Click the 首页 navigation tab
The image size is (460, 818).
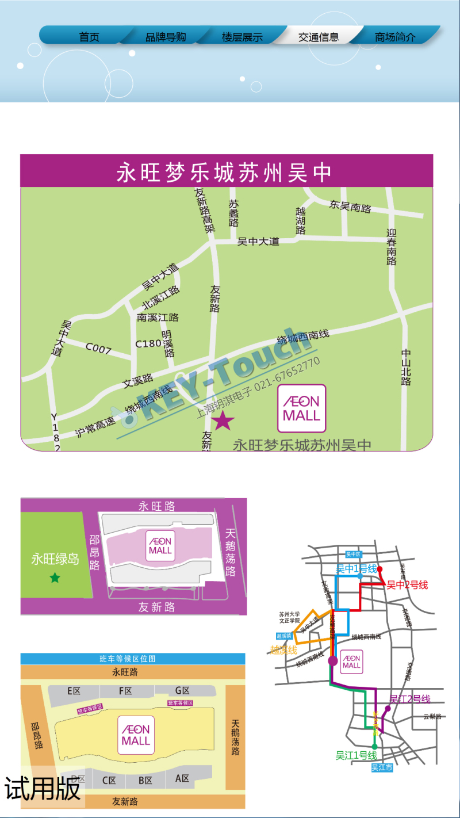[x=89, y=37]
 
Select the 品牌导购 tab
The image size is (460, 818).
[x=166, y=37]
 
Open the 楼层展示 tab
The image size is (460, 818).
[x=242, y=37]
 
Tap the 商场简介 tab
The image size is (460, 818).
[x=395, y=37]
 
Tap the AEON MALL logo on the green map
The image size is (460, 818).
[x=301, y=408]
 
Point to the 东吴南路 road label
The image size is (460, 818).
[x=350, y=205]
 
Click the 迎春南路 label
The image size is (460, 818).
[x=392, y=247]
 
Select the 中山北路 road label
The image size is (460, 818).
[x=407, y=367]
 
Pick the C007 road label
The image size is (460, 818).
[x=98, y=348]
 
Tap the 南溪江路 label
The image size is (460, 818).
[x=158, y=318]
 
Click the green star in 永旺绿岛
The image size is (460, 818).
[x=55, y=578]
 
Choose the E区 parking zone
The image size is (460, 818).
[x=74, y=691]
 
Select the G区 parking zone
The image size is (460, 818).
[x=182, y=691]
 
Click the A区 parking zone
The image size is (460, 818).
[x=182, y=779]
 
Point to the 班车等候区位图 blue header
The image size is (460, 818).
[x=133, y=659]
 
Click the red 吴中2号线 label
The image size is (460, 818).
[x=407, y=585]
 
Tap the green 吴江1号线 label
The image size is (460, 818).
[x=356, y=755]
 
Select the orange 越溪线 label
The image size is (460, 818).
[x=283, y=650]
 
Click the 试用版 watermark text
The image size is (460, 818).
[x=43, y=788]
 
